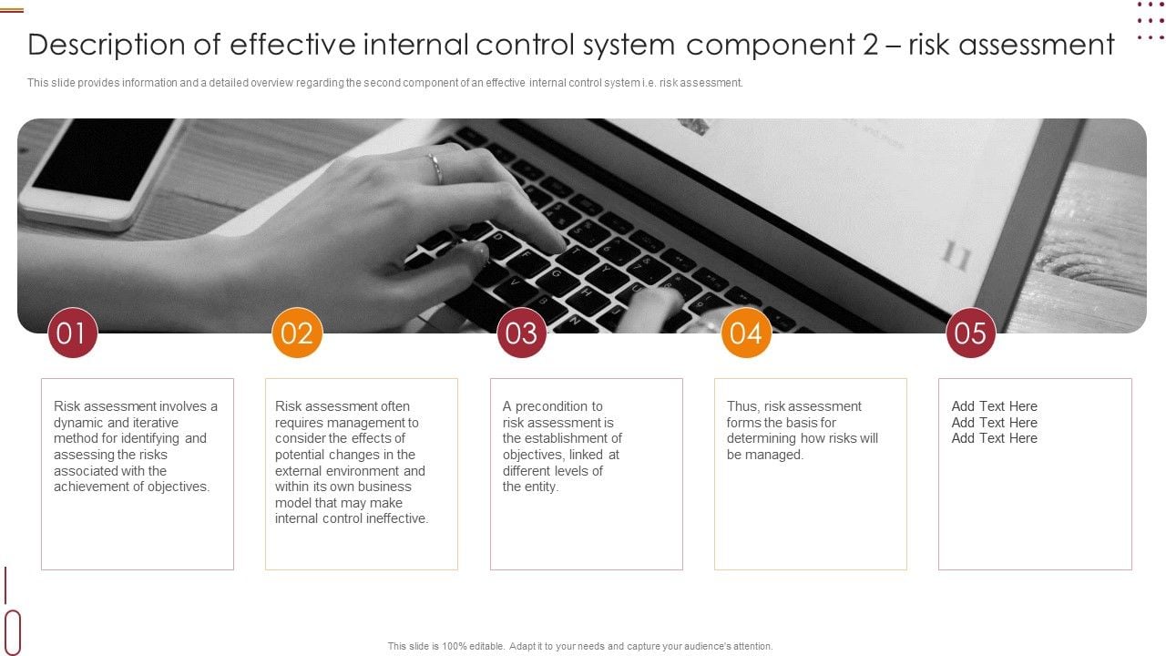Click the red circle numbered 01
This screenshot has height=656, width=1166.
pos(72,333)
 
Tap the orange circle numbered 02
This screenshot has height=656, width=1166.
pos(297,333)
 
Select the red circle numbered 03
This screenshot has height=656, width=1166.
pos(521,333)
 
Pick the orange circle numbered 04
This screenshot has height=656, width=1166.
pos(746,333)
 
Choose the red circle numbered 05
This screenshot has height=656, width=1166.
pos(970,333)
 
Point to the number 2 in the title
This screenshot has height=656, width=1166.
pos(870,45)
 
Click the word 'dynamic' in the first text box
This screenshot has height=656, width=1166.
pos(77,423)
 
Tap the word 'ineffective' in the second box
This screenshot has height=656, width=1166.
pos(392,518)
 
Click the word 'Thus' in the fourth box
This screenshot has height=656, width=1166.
pos(742,406)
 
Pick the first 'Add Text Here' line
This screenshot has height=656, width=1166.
pos(994,406)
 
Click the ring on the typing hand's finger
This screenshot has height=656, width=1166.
pos(435,169)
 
